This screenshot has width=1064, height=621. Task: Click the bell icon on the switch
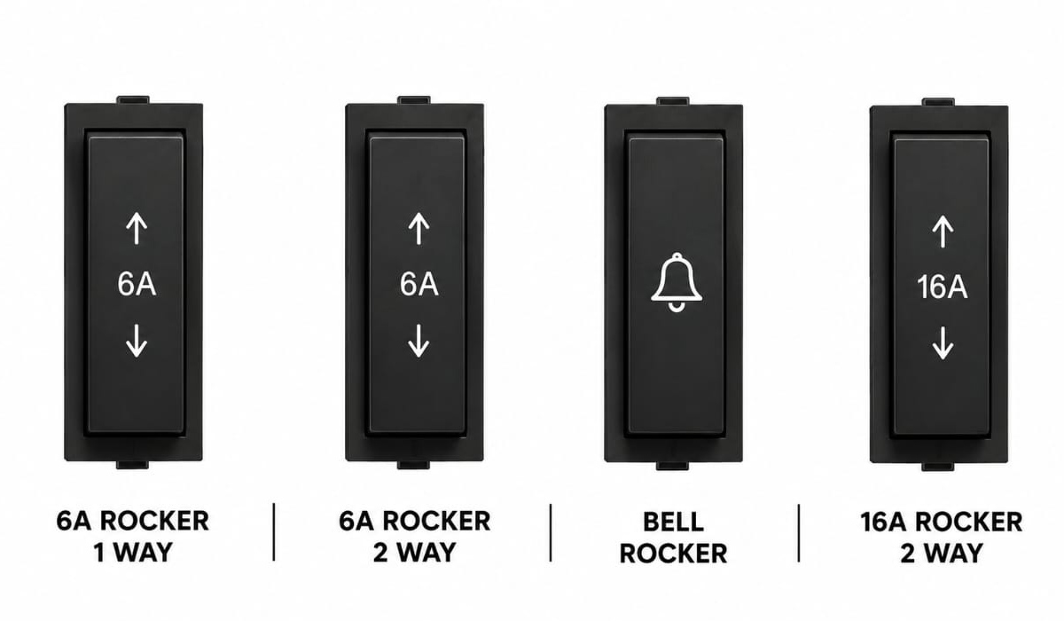click(677, 283)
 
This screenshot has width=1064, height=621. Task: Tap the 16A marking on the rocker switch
click(942, 287)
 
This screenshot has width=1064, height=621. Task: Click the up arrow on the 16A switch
click(943, 232)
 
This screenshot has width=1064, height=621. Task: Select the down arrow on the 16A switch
click(943, 343)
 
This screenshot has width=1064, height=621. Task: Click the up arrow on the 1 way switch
click(137, 228)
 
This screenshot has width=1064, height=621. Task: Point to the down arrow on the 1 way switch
click(137, 341)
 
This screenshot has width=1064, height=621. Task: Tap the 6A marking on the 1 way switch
click(137, 284)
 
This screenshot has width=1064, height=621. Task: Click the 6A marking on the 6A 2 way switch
click(419, 284)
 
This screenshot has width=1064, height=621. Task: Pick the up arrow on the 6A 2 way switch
click(419, 229)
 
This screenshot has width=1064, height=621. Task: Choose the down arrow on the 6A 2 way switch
click(419, 341)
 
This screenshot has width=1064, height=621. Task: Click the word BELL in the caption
click(673, 523)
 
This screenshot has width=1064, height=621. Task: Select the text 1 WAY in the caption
click(133, 553)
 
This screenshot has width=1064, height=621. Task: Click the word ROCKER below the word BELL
click(673, 554)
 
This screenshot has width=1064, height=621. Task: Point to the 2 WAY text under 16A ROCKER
click(941, 554)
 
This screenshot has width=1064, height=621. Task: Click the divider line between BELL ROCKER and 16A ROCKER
click(799, 532)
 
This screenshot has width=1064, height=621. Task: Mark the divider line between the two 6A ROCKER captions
click(274, 531)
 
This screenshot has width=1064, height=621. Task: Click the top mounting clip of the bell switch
click(673, 101)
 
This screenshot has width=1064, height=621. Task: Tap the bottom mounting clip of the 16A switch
click(938, 467)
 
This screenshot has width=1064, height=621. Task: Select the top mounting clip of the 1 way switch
click(133, 99)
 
